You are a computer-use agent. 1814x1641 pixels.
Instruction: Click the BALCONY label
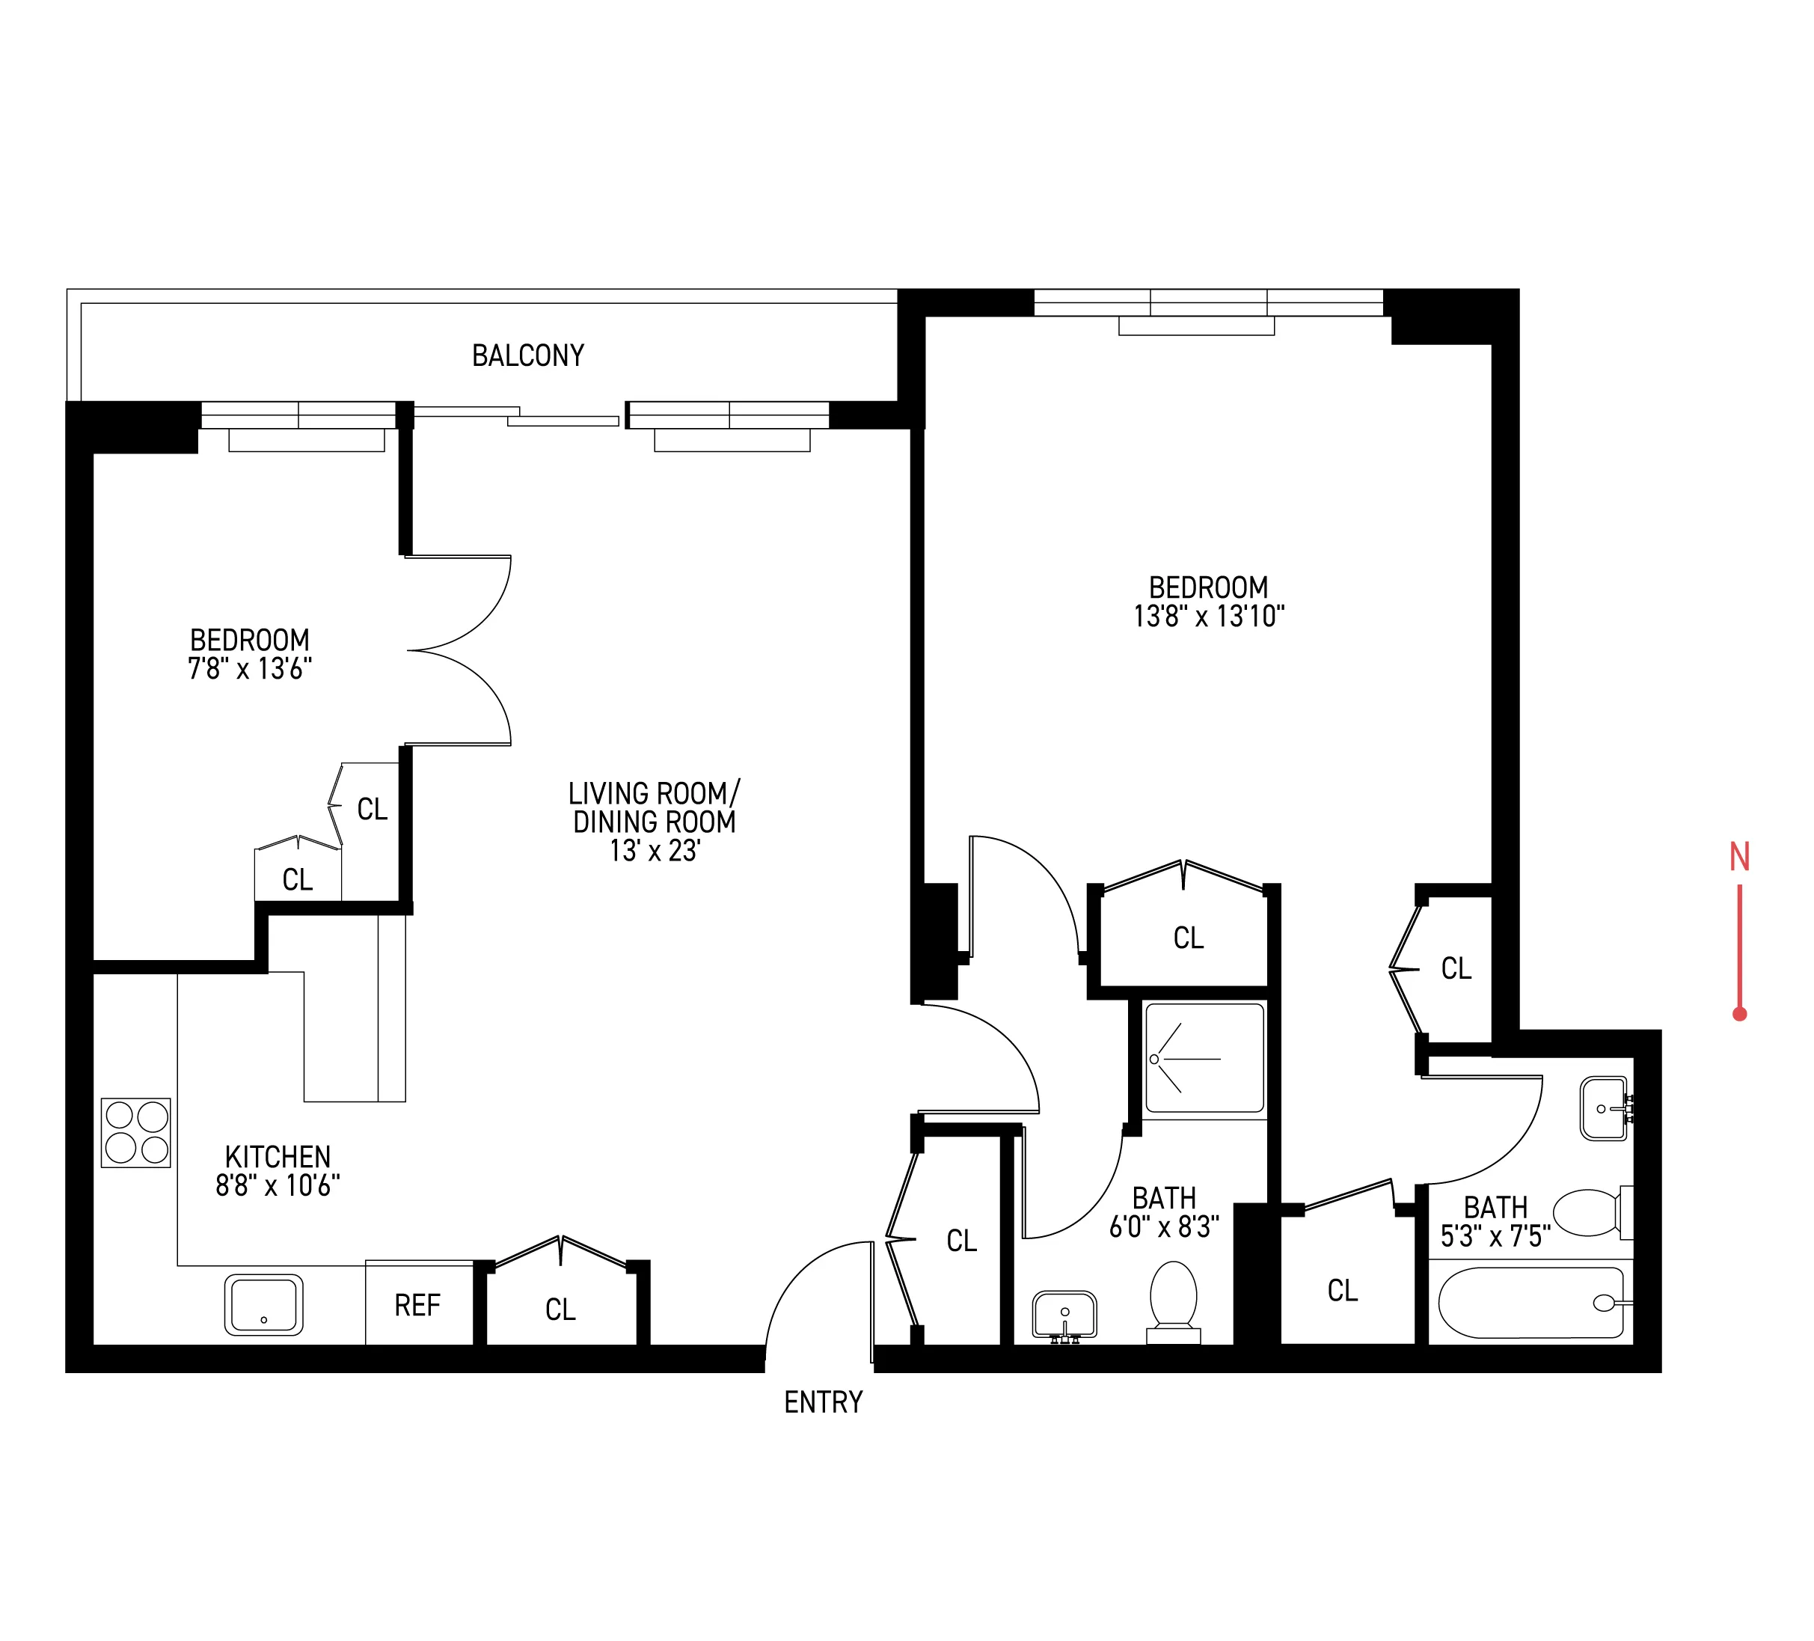(528, 355)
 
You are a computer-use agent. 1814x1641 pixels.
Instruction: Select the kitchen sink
(263, 1304)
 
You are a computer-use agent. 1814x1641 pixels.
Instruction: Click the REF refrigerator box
(418, 1305)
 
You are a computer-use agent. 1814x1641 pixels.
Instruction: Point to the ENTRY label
(824, 1402)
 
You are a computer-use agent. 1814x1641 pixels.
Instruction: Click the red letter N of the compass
(1739, 857)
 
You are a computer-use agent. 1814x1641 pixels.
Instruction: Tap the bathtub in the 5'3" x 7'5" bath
(1530, 1303)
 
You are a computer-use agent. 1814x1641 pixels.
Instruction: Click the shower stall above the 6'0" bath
(1204, 1059)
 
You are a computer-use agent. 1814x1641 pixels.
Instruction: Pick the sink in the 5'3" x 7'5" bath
(1604, 1108)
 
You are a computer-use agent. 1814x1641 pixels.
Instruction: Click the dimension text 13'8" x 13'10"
(1208, 617)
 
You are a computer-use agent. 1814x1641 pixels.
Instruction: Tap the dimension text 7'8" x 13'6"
(249, 669)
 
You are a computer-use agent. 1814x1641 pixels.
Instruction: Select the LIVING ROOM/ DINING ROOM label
(654, 807)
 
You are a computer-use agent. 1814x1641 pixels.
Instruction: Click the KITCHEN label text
(278, 1157)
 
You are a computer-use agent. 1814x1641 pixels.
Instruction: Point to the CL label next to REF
(560, 1310)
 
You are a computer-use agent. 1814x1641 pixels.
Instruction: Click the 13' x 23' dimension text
(654, 851)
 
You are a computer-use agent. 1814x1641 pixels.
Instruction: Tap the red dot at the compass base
(1739, 1015)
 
